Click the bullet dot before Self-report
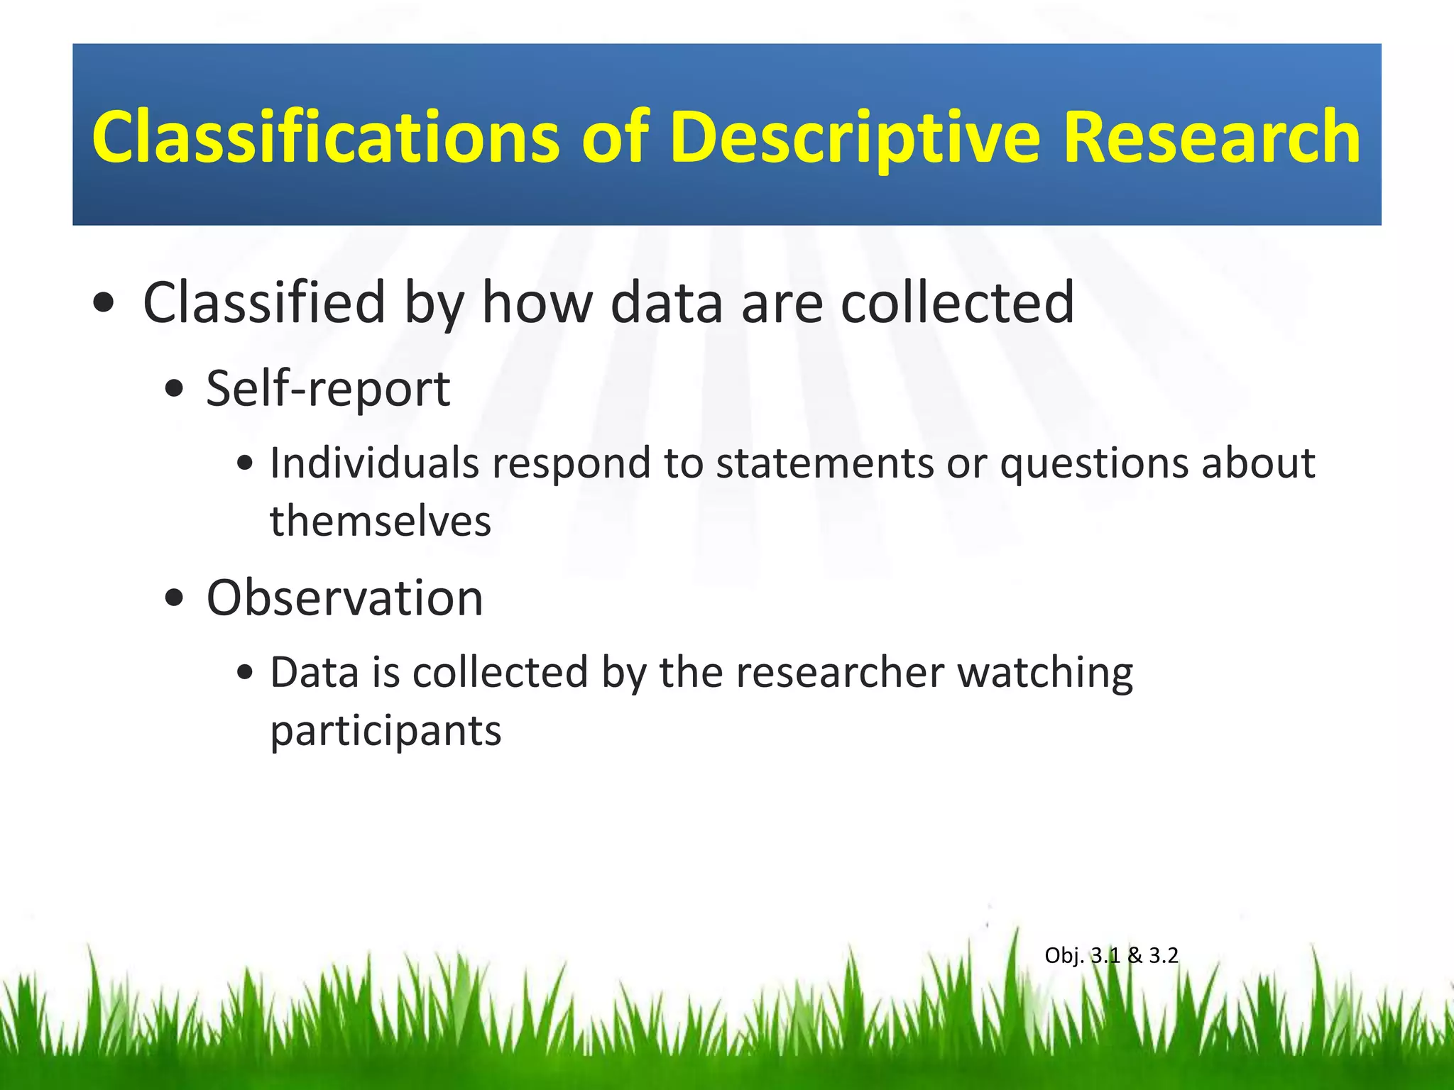pyautogui.click(x=174, y=390)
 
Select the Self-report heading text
pyautogui.click(x=328, y=390)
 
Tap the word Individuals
pyautogui.click(x=374, y=463)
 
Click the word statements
pyautogui.click(x=824, y=463)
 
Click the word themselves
pyautogui.click(x=381, y=522)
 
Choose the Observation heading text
pyautogui.click(x=344, y=598)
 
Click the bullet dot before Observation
pyautogui.click(x=174, y=598)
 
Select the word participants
pyautogui.click(x=386, y=732)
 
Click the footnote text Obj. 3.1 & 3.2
pyautogui.click(x=1111, y=956)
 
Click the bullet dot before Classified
pyautogui.click(x=104, y=304)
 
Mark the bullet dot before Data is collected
pyautogui.click(x=245, y=673)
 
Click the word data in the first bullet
pyautogui.click(x=666, y=303)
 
